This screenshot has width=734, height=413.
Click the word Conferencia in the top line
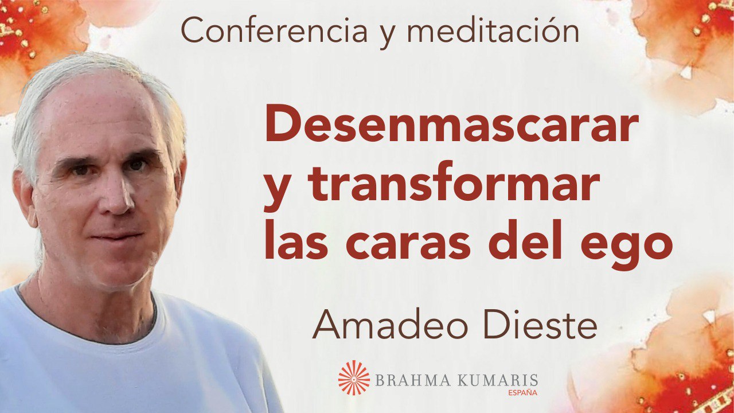(x=274, y=30)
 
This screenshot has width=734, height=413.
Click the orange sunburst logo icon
(x=354, y=377)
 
